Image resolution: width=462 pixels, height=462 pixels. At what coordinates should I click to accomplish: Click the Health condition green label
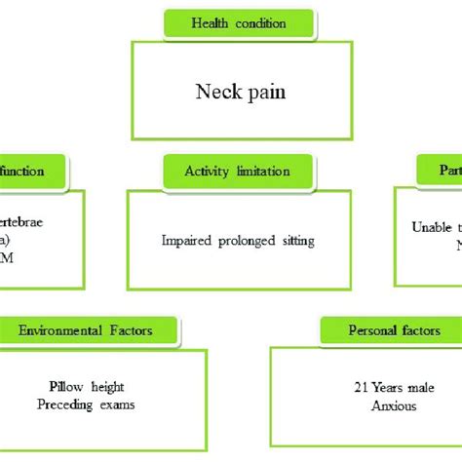tap(239, 23)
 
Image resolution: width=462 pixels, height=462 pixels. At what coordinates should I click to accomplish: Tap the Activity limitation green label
tap(238, 171)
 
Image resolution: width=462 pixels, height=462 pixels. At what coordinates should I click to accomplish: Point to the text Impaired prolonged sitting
tap(238, 239)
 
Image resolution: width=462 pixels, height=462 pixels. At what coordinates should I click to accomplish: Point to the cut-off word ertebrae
tap(21, 222)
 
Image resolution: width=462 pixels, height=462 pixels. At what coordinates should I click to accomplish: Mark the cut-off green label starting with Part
tap(438, 171)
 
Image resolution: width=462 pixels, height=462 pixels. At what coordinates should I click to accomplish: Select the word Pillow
tap(67, 386)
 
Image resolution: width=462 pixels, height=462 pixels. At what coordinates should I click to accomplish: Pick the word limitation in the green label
tap(264, 171)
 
